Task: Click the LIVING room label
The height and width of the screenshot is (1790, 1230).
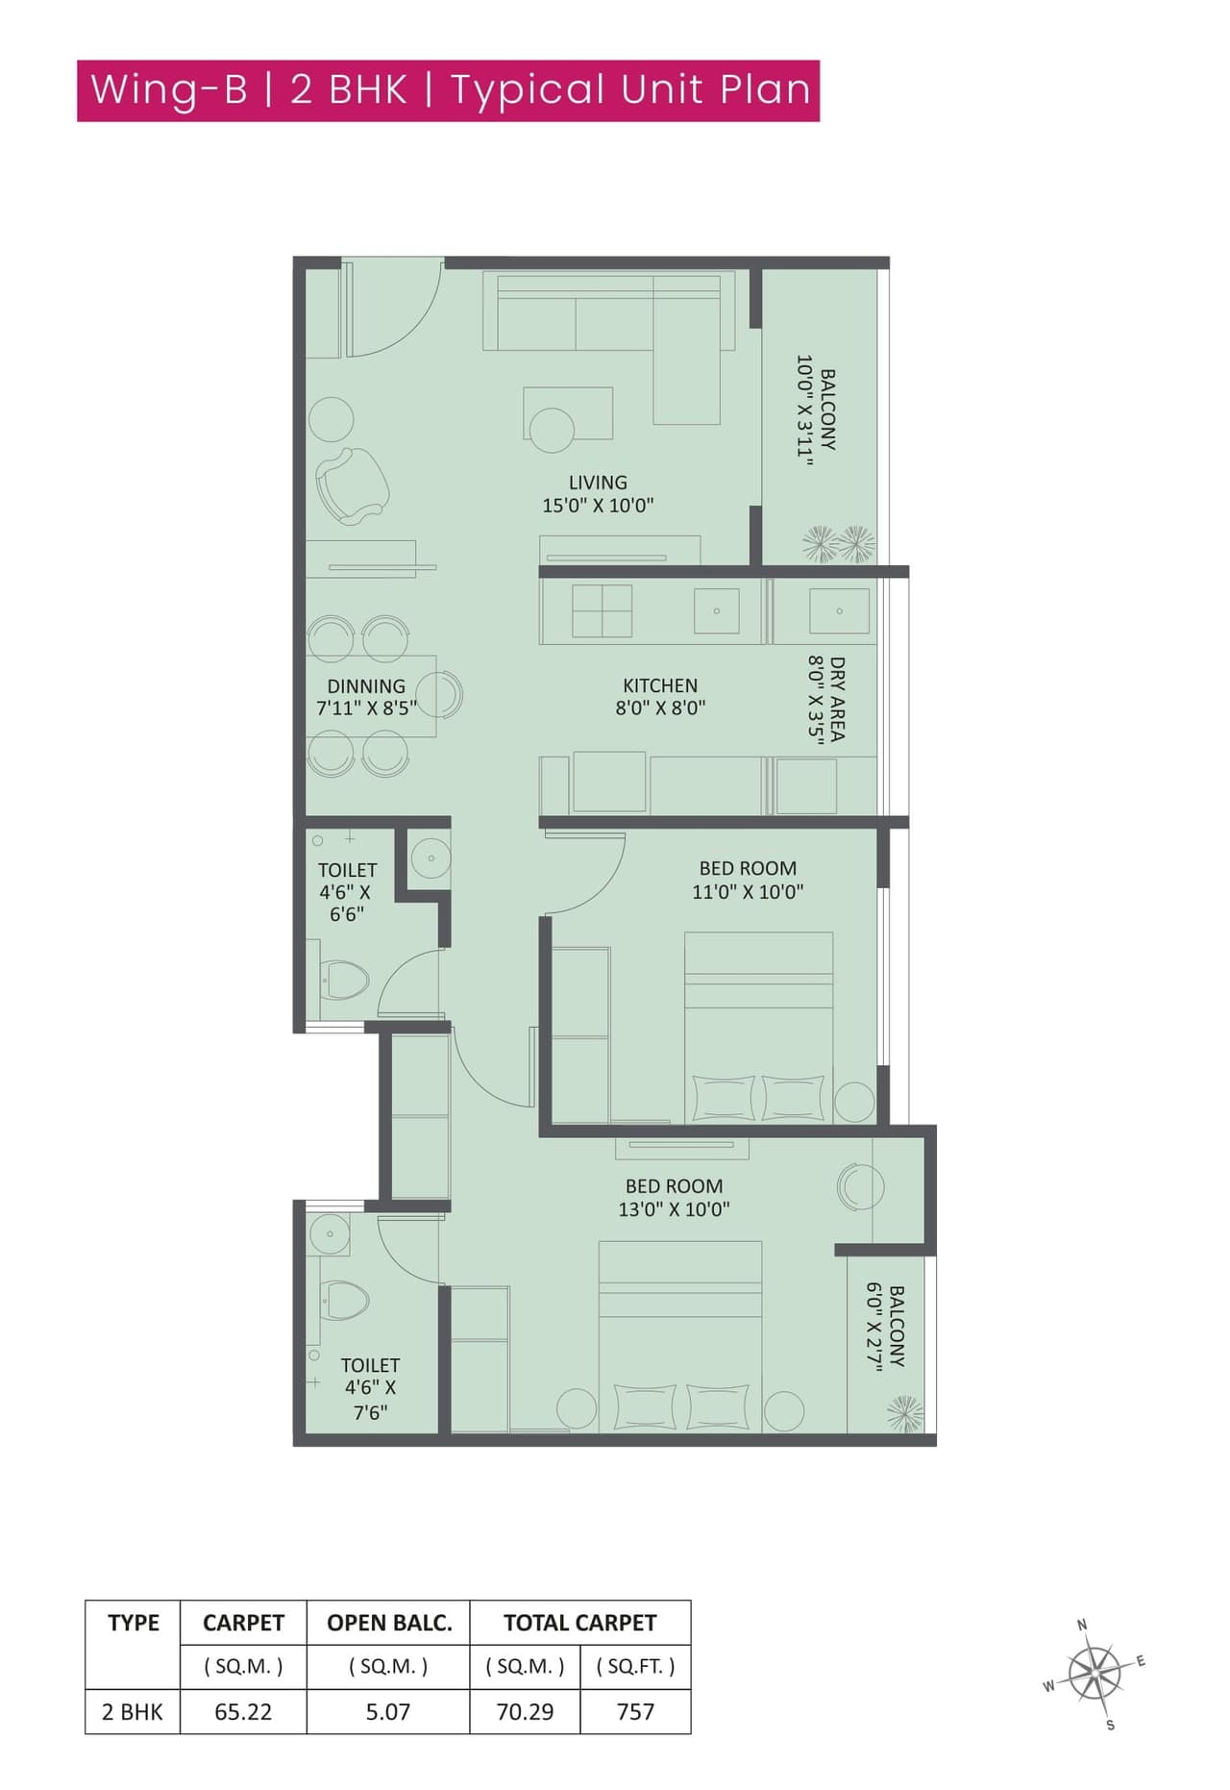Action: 598,483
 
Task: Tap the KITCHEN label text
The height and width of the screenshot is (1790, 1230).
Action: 660,685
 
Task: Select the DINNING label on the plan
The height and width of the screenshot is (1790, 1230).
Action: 366,686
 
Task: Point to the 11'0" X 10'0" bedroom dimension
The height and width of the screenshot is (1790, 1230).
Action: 748,891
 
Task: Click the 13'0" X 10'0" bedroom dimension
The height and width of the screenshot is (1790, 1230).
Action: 674,1209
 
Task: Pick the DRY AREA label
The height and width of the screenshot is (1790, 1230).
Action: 837,699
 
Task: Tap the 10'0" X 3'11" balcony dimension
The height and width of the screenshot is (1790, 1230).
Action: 805,411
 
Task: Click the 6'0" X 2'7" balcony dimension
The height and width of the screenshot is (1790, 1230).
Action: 874,1327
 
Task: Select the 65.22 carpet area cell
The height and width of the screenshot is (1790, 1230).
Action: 243,1712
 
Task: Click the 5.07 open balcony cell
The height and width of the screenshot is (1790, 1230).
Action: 388,1712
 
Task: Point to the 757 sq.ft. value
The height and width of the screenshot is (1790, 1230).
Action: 635,1712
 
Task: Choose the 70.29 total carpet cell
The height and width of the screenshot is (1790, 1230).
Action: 525,1712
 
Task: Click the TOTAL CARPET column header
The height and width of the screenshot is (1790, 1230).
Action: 579,1623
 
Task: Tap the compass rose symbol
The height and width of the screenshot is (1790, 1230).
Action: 1095,1674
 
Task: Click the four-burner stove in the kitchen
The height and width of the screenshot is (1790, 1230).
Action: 602,610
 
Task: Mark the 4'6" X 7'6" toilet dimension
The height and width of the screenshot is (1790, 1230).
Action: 370,1400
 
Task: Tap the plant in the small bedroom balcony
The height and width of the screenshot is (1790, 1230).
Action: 905,1414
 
